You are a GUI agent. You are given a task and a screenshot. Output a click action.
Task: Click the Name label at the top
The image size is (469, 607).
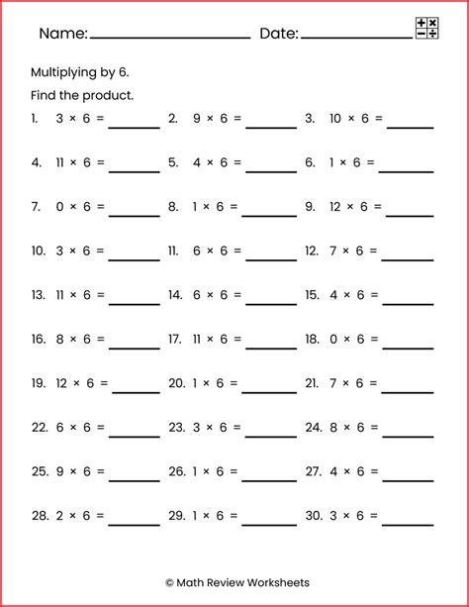pos(63,34)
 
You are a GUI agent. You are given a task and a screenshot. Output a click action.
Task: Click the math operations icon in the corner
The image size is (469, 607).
pos(427,28)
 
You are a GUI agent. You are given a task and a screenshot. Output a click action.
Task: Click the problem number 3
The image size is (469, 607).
pos(310,118)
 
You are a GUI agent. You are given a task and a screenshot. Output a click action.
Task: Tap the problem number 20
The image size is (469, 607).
pos(177,383)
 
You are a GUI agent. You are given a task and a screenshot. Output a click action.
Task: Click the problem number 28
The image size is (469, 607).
pos(40,515)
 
